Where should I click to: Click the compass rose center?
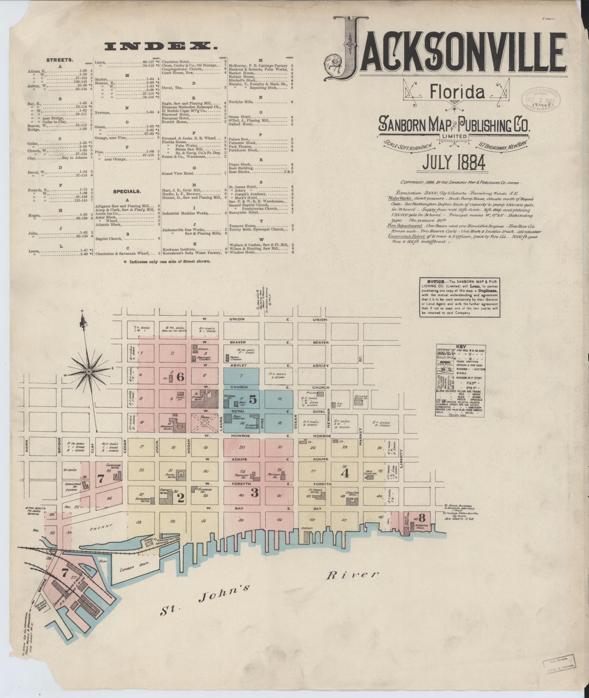pos(88,371)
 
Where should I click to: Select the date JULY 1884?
pos(454,163)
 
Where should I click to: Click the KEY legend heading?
pos(459,347)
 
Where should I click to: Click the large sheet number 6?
pos(180,377)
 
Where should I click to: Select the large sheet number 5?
pos(253,400)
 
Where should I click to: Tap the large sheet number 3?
pos(255,494)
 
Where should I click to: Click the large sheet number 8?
pos(422,517)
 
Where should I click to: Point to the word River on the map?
pos(351,576)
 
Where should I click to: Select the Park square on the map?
pos(205,422)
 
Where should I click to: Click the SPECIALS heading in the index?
pos(127,191)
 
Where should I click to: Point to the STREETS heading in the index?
pos(60,59)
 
